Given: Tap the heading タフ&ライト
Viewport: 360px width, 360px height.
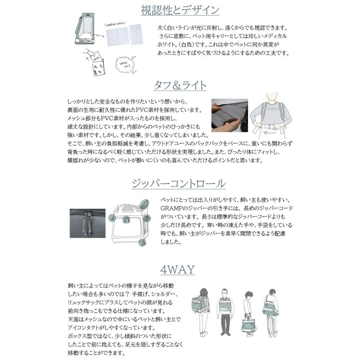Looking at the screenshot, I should [x=180, y=86].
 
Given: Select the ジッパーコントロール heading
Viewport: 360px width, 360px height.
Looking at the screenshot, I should [x=178, y=184].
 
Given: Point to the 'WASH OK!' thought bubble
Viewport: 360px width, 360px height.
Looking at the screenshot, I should [x=125, y=63].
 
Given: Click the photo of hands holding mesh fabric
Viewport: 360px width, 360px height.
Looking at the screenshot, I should [x=229, y=116].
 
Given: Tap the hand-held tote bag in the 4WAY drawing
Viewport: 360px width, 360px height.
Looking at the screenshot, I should [x=248, y=322].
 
